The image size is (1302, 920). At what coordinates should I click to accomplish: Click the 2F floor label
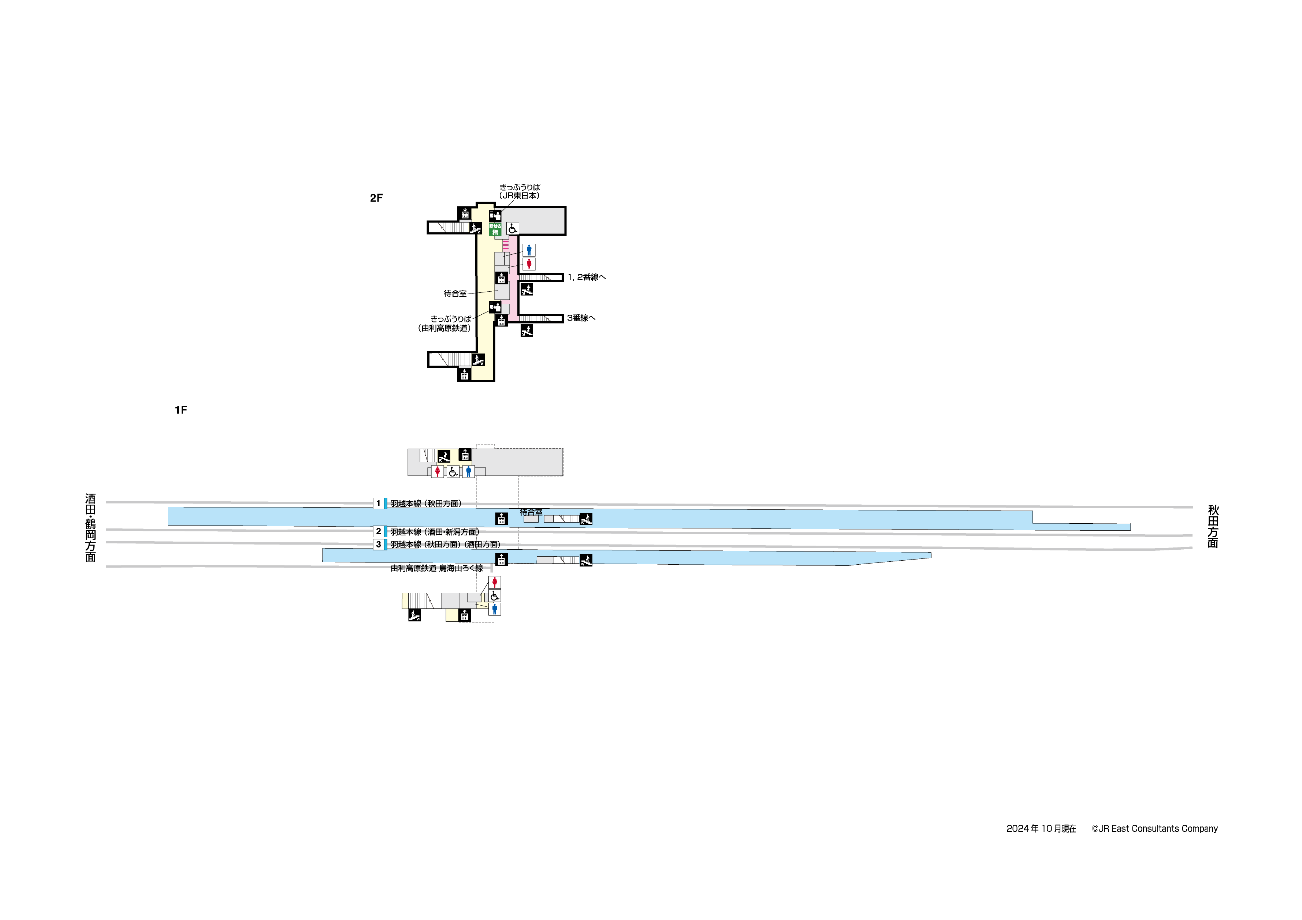376,198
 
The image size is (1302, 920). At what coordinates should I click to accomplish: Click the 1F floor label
181,410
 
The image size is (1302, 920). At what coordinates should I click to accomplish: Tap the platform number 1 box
379,503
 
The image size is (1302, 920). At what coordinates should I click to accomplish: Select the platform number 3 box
379,544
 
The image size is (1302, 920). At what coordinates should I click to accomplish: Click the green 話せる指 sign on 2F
495,229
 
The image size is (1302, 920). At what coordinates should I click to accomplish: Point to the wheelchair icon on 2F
513,228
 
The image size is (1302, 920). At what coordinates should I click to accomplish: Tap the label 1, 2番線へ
586,277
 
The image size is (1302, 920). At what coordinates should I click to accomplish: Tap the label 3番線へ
581,318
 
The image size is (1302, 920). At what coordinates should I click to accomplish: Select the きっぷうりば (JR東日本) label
520,191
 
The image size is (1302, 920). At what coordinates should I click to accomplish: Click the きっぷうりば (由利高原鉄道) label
446,324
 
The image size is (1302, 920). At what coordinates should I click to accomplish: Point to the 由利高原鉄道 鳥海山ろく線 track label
437,568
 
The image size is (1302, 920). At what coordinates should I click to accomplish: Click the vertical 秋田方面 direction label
1213,527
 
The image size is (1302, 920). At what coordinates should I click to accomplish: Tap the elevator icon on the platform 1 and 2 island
501,519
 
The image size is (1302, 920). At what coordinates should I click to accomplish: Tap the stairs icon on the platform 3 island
586,560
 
